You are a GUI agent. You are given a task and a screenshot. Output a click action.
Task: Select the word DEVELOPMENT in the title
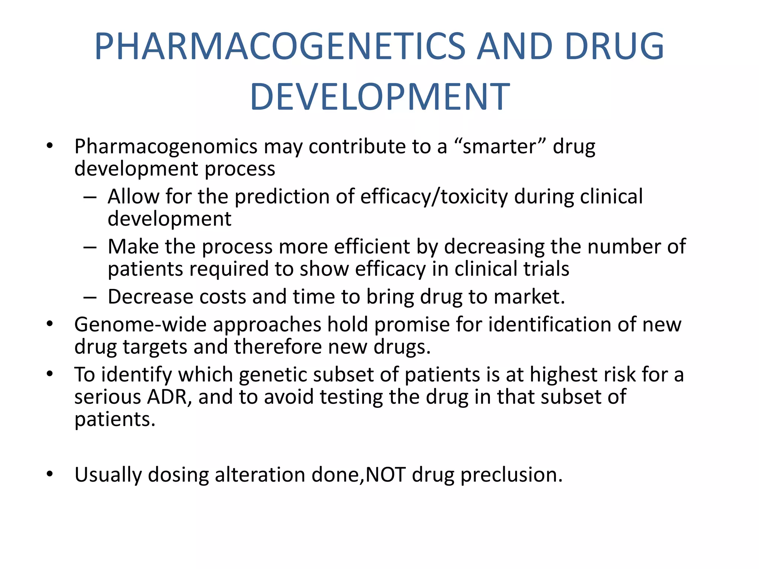point(380,97)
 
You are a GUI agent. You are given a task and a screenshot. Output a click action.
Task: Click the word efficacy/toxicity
point(434,197)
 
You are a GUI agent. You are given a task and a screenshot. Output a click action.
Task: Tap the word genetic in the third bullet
point(273,375)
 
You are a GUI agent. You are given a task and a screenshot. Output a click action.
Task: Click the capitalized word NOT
point(385,475)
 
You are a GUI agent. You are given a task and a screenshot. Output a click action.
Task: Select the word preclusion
point(511,475)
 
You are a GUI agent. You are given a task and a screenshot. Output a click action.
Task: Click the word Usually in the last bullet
point(108,475)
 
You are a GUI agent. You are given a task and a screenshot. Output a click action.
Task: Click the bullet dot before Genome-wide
point(50,324)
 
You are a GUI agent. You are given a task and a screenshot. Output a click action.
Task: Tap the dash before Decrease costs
point(90,297)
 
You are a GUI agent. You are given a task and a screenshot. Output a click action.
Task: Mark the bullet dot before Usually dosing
point(50,474)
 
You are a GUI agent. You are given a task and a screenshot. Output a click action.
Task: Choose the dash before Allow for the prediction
point(90,197)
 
